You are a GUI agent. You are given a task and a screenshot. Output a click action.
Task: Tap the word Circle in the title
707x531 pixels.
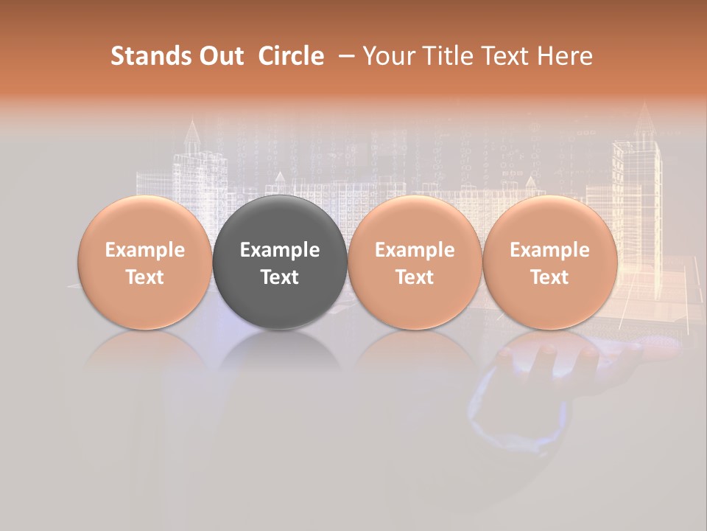pyautogui.click(x=291, y=56)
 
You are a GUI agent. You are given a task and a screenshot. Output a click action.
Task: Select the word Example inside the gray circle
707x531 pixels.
pyautogui.click(x=280, y=250)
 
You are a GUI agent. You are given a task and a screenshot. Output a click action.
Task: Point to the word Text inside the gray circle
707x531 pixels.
pyautogui.click(x=280, y=277)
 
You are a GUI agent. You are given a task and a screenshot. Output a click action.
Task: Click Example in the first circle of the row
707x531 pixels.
pyautogui.click(x=144, y=250)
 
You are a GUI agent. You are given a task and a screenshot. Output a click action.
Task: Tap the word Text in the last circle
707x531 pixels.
pyautogui.click(x=549, y=277)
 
